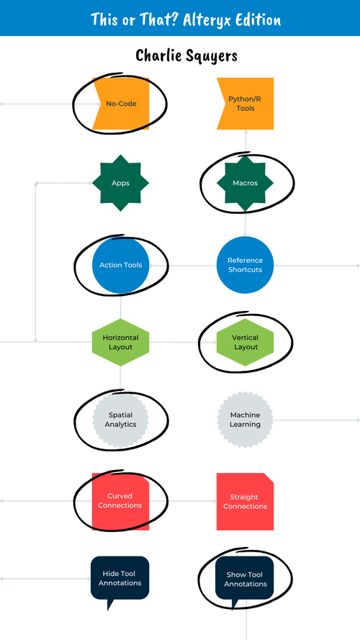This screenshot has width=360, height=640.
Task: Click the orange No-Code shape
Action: click(120, 104)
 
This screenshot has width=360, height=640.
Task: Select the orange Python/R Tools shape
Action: click(246, 104)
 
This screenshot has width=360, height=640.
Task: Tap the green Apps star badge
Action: click(120, 183)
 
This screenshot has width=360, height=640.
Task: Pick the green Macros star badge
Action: click(246, 183)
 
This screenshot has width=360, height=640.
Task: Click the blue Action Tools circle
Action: click(120, 265)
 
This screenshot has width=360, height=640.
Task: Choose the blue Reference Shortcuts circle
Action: click(246, 265)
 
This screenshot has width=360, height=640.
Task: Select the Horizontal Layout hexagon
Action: click(120, 342)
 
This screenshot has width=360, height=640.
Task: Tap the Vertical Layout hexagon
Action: click(246, 342)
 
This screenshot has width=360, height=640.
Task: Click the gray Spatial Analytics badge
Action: click(120, 420)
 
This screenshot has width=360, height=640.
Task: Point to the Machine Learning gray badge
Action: click(246, 420)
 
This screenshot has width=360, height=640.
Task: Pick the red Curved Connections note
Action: click(120, 502)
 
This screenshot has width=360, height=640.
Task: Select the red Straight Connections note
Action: click(246, 502)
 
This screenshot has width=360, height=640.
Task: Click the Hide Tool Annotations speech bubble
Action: click(120, 578)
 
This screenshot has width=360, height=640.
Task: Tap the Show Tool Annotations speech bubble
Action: click(246, 578)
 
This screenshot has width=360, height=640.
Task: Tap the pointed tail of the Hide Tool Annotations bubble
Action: click(109, 607)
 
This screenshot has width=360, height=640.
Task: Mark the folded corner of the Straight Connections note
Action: click(269, 478)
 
